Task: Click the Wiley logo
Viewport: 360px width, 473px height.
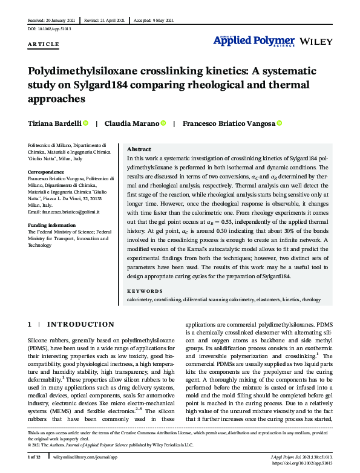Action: coord(315,41)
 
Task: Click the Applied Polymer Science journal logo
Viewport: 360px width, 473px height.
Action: coord(254,41)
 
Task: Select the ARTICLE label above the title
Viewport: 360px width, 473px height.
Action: coord(44,44)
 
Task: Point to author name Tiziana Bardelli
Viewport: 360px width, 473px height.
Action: coord(54,123)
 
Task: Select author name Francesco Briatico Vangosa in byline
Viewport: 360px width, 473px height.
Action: coord(229,123)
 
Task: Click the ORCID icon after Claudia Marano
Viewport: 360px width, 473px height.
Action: coord(163,123)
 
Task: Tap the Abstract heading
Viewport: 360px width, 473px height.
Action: coord(139,149)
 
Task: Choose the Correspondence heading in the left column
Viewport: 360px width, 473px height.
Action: coord(47,172)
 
